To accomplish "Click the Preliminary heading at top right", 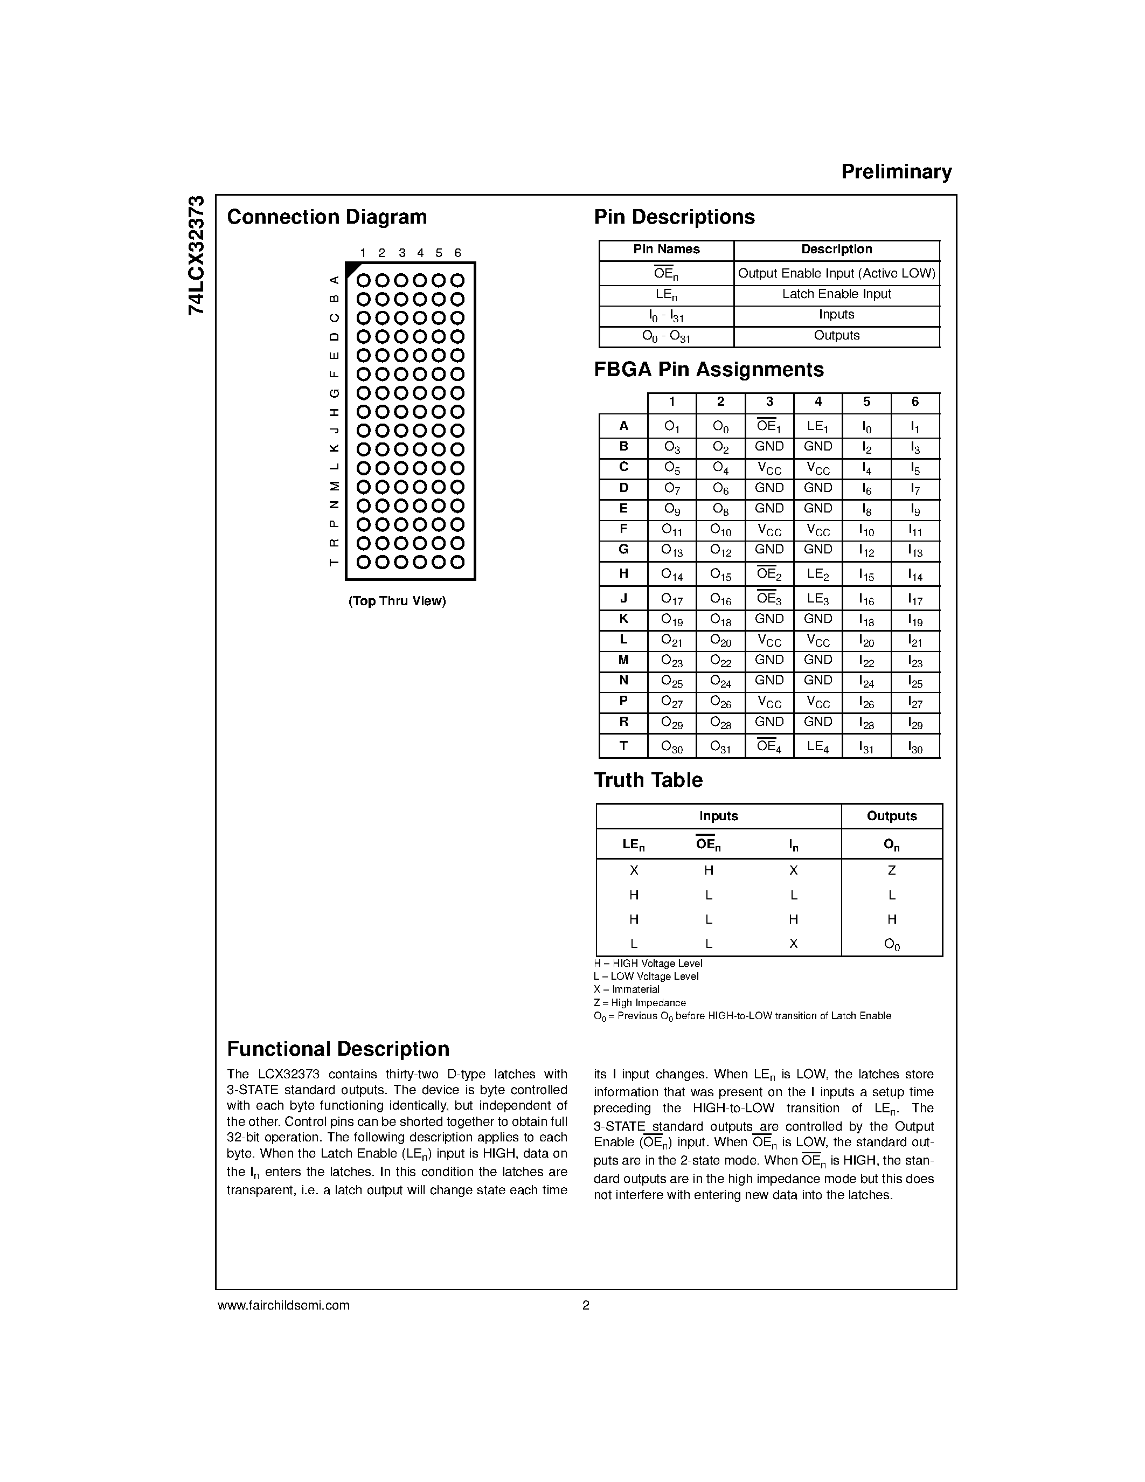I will pyautogui.click(x=896, y=172).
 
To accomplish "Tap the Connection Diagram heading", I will pyautogui.click(x=327, y=217).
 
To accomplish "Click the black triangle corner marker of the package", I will pyautogui.click(x=352, y=269).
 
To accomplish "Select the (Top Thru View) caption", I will pyautogui.click(x=397, y=601).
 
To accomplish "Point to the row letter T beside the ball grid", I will pyautogui.click(x=333, y=562).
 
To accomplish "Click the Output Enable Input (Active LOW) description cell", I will pyautogui.click(x=836, y=273).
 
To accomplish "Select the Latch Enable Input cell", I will pyautogui.click(x=836, y=294).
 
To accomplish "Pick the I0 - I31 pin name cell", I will pyautogui.click(x=666, y=316).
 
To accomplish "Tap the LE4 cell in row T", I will pyautogui.click(x=817, y=746).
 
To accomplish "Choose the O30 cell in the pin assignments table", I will pyautogui.click(x=671, y=747).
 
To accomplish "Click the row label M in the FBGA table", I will pyautogui.click(x=623, y=660).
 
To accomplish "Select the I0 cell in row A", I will pyautogui.click(x=866, y=427).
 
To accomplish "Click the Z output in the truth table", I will pyautogui.click(x=891, y=870).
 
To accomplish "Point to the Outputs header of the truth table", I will pyautogui.click(x=891, y=816).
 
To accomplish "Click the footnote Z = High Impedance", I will pyautogui.click(x=639, y=1003).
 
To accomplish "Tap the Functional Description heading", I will pyautogui.click(x=338, y=1049).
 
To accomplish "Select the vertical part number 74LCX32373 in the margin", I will pyautogui.click(x=196, y=255).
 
